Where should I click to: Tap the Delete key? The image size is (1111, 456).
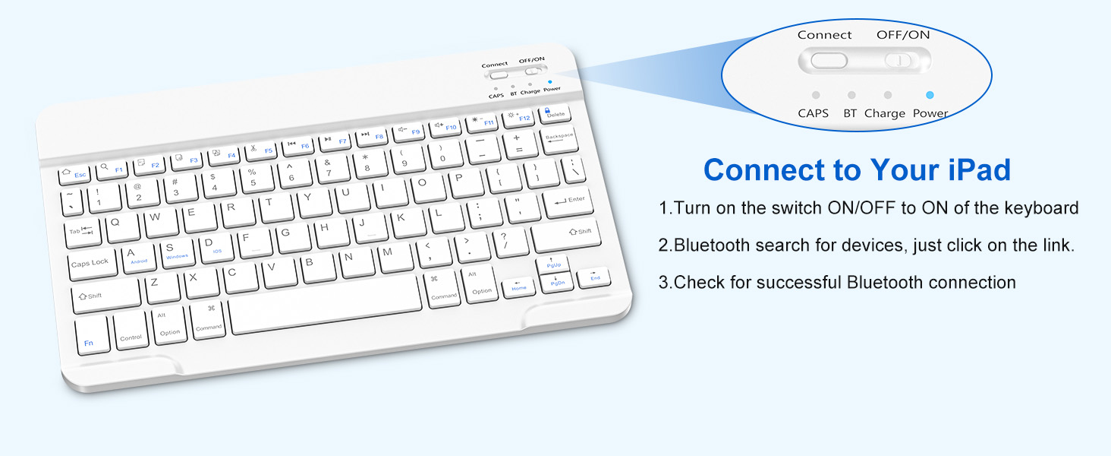(555, 113)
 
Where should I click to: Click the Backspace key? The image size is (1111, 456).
(560, 140)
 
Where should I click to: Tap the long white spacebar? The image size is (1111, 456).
(325, 303)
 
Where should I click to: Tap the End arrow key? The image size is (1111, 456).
(595, 277)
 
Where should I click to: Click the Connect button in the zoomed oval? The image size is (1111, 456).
(828, 60)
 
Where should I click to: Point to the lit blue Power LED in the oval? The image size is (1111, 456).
(930, 96)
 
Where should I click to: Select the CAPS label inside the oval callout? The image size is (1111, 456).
(813, 113)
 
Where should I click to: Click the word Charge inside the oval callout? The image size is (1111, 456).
(885, 113)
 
